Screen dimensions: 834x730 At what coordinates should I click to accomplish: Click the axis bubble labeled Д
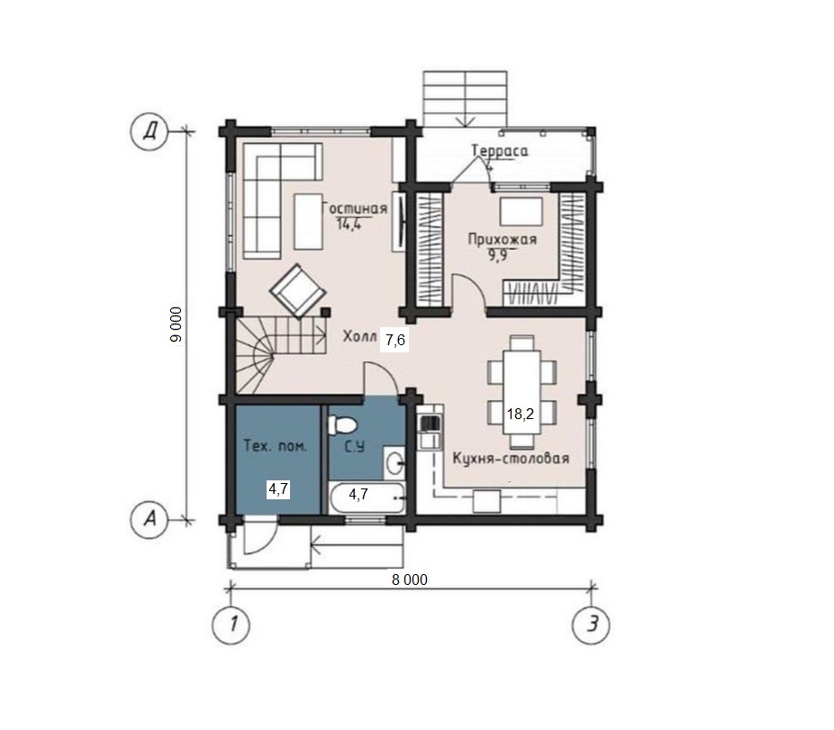tap(150, 131)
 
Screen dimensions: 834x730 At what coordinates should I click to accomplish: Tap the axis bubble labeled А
tap(150, 517)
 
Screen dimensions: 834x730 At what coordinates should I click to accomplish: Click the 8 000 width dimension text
tap(410, 579)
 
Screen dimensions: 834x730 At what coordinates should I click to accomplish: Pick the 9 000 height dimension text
tap(177, 324)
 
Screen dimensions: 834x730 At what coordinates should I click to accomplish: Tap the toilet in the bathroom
tap(343, 425)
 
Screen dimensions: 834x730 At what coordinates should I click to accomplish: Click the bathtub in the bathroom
tap(366, 498)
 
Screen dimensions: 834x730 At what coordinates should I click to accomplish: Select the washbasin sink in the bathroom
tap(394, 461)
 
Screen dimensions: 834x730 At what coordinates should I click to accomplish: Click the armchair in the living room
tap(297, 291)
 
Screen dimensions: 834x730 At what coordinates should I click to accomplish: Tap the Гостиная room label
tap(355, 209)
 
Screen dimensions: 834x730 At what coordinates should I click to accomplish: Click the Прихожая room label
tap(502, 240)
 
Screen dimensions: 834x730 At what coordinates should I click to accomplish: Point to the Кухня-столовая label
tap(511, 458)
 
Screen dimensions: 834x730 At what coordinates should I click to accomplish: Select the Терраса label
tap(500, 151)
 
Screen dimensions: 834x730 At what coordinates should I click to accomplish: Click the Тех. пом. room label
tap(276, 446)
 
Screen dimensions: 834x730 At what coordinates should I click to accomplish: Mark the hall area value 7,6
tap(395, 339)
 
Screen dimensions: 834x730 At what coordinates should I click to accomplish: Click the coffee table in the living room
tap(309, 222)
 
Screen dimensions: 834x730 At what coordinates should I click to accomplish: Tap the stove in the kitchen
tap(431, 424)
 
